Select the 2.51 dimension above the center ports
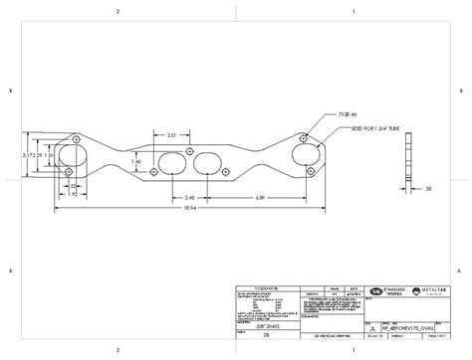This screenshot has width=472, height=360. [173, 135]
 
